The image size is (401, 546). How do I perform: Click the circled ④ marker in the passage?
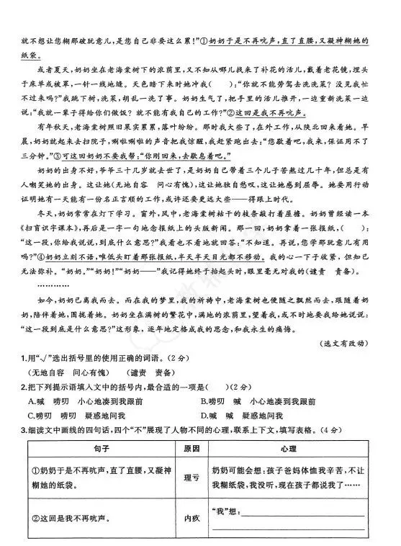point(50,255)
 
